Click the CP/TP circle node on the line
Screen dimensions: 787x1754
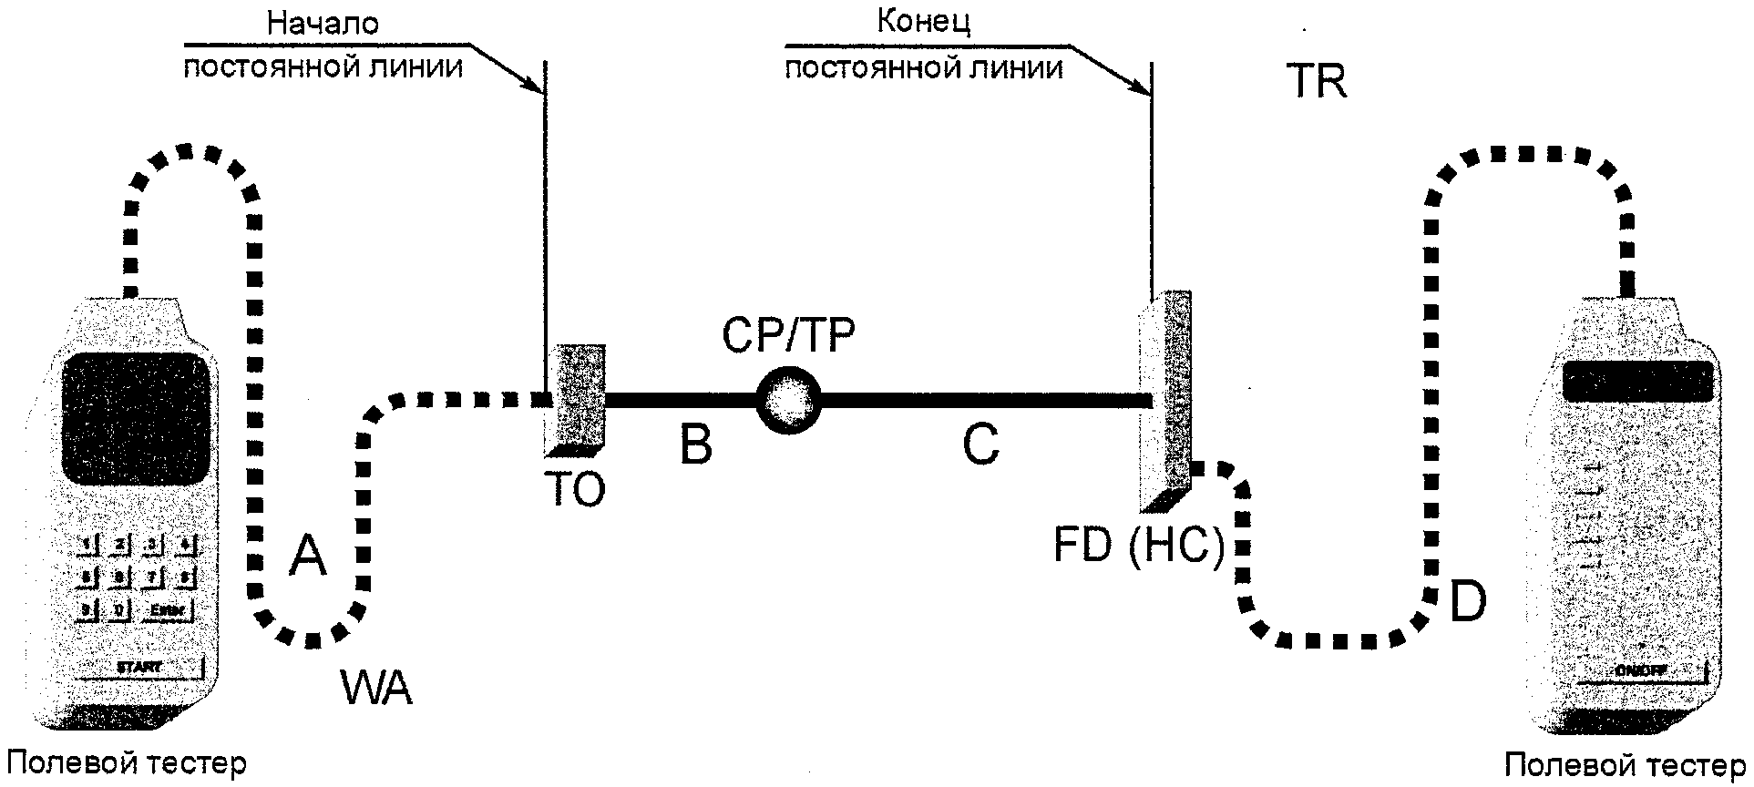pos(788,399)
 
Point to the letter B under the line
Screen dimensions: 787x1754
pos(696,446)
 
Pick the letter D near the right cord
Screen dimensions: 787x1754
pos(1467,602)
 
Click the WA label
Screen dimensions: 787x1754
pos(376,687)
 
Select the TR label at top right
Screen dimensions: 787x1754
pos(1316,82)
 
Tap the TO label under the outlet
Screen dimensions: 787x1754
pos(576,490)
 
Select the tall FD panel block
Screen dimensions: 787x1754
pos(1166,401)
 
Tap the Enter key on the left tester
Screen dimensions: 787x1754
pos(167,609)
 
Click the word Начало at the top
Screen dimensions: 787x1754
pos(323,24)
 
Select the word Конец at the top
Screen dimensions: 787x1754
pos(924,22)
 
